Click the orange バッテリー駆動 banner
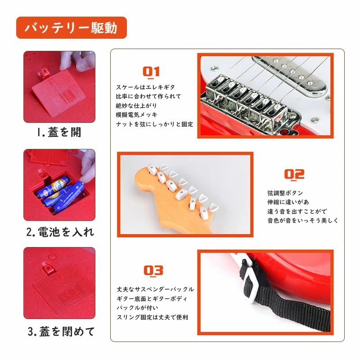click(x=72, y=28)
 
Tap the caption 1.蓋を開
click(x=59, y=132)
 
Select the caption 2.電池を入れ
click(x=60, y=232)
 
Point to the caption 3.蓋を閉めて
click(x=61, y=332)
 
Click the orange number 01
click(x=151, y=72)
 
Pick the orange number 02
click(x=294, y=175)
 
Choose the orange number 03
click(x=153, y=271)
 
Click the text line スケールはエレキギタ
click(x=145, y=87)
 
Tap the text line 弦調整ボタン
click(x=285, y=193)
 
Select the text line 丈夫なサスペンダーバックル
click(x=155, y=289)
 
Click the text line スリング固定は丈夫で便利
click(x=152, y=317)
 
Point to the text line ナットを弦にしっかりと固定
click(x=154, y=124)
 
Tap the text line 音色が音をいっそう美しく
click(x=302, y=220)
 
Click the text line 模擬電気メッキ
click(x=136, y=115)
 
